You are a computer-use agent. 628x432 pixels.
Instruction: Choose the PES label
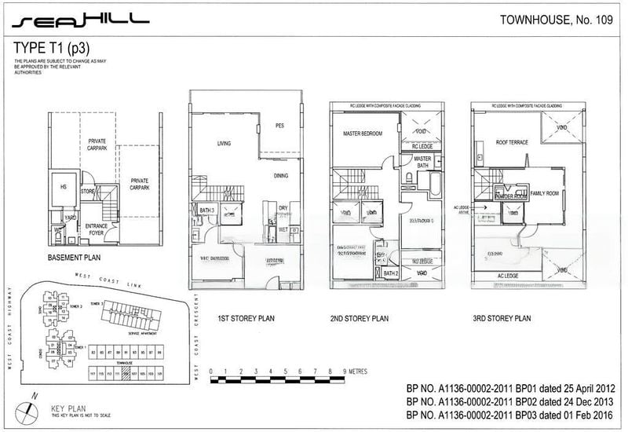click(x=279, y=126)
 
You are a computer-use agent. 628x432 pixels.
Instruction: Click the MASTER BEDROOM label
click(x=362, y=134)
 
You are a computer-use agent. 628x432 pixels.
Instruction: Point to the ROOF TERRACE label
click(x=511, y=142)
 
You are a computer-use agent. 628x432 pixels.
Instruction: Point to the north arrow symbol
click(x=29, y=408)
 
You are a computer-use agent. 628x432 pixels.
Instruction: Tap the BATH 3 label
click(x=208, y=210)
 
